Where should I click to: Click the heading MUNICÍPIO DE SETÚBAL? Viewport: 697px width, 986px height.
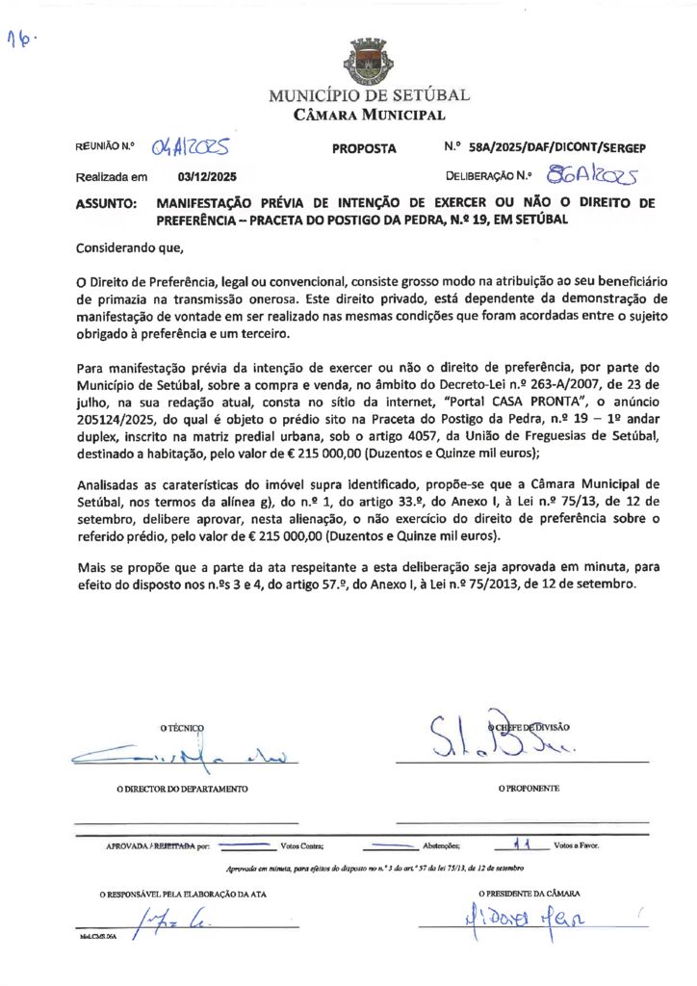click(369, 96)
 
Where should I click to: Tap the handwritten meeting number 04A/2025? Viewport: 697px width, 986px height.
click(192, 147)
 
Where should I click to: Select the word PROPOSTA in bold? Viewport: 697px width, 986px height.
click(364, 149)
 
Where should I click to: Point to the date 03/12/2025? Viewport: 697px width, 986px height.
click(207, 177)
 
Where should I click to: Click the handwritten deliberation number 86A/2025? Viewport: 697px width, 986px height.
click(591, 175)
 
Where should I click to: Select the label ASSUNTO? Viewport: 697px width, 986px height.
click(106, 204)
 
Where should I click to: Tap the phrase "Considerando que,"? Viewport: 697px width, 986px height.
click(129, 248)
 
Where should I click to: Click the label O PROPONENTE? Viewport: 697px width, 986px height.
click(529, 789)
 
